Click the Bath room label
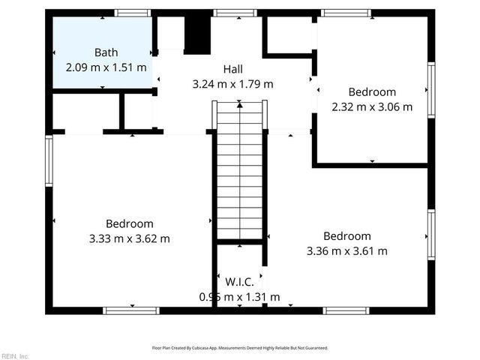(x=105, y=52)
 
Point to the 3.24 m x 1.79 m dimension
(x=233, y=83)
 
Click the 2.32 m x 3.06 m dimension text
(x=372, y=106)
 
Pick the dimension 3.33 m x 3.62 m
(x=130, y=238)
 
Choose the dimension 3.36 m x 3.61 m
(x=347, y=250)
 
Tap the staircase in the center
(x=240, y=172)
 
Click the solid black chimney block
(x=196, y=34)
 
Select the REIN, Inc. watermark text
(x=15, y=355)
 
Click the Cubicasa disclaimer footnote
(x=240, y=348)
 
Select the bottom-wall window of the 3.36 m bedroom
(x=346, y=310)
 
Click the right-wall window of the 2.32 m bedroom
(x=431, y=89)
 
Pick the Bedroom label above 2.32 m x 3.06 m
(x=372, y=92)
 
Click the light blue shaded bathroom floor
(x=82, y=37)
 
